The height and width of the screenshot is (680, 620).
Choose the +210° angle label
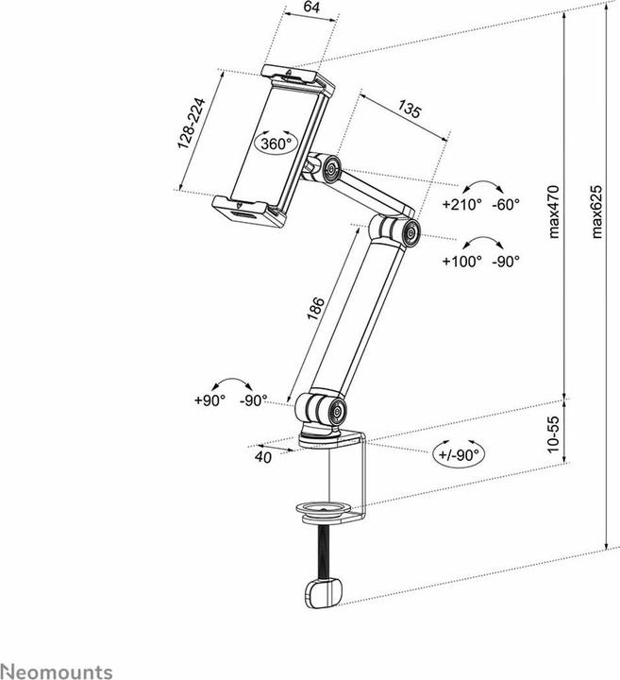tap(462, 204)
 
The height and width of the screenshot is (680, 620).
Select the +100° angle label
tap(462, 262)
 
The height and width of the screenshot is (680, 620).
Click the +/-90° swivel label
tap(459, 454)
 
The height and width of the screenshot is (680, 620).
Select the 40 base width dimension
tap(263, 457)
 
